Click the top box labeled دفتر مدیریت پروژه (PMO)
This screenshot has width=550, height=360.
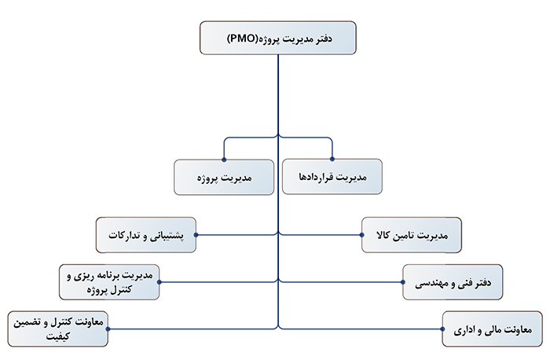coord(278,38)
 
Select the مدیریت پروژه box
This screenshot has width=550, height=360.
coord(224,177)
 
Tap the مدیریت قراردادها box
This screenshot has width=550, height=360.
coord(332,177)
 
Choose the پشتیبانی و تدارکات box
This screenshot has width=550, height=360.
coord(146,235)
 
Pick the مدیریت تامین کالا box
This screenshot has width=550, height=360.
coord(412,235)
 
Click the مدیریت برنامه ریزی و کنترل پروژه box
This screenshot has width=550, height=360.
coord(109,282)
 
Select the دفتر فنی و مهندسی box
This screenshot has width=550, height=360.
coord(453,282)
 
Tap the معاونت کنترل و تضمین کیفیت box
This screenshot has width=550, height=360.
coord(58,329)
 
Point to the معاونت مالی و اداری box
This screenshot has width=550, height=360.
coord(493,329)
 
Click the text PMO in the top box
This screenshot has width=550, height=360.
coord(242,39)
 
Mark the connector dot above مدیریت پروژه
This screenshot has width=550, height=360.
coord(224,160)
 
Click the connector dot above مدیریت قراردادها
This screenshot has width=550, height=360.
coord(332,160)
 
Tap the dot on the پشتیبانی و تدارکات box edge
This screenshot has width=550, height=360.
coord(196,235)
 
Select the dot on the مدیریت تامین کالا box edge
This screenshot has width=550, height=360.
coord(361,235)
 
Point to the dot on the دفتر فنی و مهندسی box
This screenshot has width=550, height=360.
coord(402,282)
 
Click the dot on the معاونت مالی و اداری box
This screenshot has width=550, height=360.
coord(442,329)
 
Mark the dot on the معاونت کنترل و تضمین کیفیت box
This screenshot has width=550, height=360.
coord(108,329)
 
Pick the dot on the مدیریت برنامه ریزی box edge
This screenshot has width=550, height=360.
coord(159,282)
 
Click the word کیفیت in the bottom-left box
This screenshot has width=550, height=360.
coord(58,336)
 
